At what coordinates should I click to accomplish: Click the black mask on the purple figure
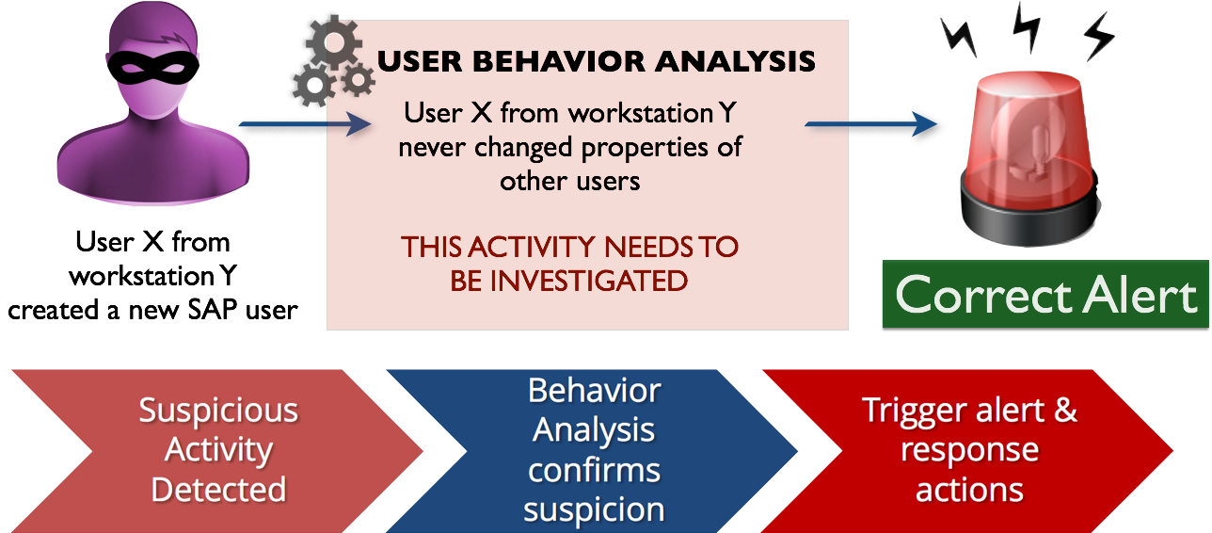153,68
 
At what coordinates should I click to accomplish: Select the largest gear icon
334,42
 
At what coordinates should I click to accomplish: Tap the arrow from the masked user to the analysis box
305,124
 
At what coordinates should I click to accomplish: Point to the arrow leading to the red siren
870,124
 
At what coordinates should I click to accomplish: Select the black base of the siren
1030,214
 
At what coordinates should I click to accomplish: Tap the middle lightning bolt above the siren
1027,26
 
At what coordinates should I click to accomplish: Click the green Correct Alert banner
1045,294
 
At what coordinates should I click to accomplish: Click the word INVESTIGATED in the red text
589,281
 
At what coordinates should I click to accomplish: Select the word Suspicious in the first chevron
218,410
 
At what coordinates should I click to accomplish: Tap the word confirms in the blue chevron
594,470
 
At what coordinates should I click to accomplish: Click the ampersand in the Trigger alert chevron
1065,410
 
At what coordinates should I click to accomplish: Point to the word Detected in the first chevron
218,490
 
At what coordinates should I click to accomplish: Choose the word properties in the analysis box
645,148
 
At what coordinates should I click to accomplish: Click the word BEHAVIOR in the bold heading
559,61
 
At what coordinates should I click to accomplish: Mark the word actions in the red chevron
969,491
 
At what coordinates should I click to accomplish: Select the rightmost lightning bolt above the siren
1099,37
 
